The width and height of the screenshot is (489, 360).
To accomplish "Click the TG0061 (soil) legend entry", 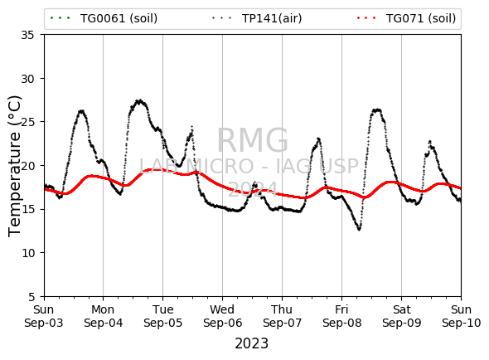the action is (104, 18).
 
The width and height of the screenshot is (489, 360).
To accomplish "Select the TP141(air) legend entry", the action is (257, 18).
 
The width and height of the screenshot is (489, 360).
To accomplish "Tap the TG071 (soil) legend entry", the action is (406, 18).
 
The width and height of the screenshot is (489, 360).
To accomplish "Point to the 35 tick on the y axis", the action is (27, 35).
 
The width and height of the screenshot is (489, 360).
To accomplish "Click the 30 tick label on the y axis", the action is (27, 79).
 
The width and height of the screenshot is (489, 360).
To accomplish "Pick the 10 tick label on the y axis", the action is (27, 253).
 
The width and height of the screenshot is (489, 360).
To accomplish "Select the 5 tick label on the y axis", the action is (31, 297).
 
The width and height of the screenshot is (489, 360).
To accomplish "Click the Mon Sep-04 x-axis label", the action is (104, 316).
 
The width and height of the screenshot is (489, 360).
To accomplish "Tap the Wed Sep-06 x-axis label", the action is (222, 316).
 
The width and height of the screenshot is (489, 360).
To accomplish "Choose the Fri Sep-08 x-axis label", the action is (341, 316).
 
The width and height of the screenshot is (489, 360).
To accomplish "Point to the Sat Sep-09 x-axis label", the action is (402, 316).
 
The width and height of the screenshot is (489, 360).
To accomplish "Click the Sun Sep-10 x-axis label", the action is (462, 316).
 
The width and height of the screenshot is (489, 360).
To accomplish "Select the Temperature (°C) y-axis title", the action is (14, 166).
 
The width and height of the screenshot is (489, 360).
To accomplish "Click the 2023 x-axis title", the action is (251, 343).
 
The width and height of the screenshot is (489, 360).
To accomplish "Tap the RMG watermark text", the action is (252, 140).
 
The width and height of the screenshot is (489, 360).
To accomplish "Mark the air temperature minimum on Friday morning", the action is (360, 230).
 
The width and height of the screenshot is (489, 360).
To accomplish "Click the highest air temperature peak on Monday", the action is (140, 100).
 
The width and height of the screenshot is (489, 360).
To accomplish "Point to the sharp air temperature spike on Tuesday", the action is (192, 126).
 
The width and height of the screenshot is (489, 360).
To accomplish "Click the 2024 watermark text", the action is (253, 189).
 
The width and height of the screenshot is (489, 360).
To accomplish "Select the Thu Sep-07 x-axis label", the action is (283, 316).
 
